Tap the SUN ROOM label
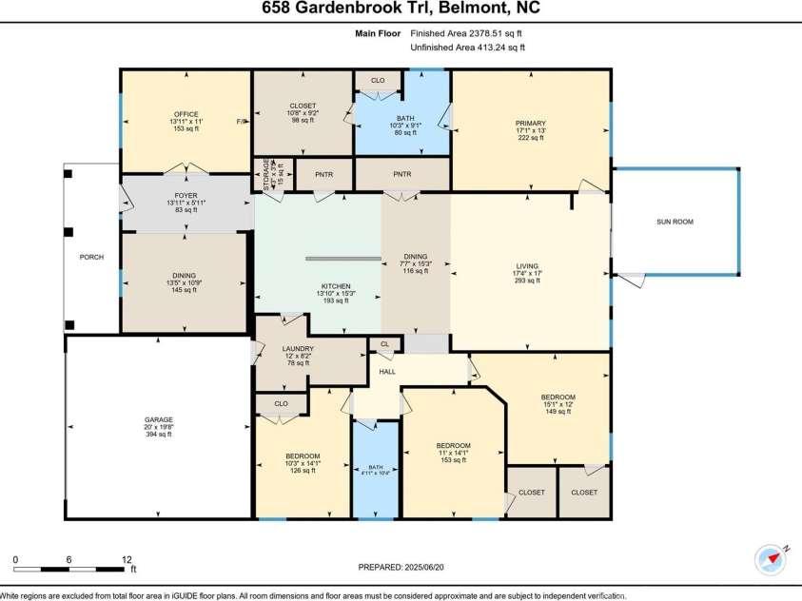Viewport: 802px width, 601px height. coord(675,222)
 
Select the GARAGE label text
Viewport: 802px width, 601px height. coord(158,419)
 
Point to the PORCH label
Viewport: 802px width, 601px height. coord(91,257)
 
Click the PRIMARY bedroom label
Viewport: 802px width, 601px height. coord(530,123)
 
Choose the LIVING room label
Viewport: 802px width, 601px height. coord(527,266)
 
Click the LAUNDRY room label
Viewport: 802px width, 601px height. coord(298,349)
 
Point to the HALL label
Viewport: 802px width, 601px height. coord(387,372)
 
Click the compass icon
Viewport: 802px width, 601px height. coord(769,558)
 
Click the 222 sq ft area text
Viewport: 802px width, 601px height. coord(530,138)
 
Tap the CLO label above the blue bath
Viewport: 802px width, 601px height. coord(378,81)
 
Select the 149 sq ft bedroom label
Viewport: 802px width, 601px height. coord(558,413)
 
